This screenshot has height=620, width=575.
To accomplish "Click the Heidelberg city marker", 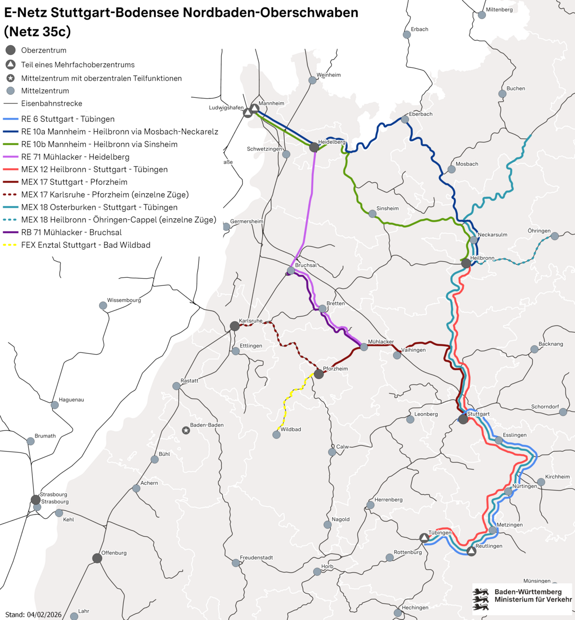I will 314,147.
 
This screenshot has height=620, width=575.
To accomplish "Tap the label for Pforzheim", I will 335,369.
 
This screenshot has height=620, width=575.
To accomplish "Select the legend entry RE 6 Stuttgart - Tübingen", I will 68,119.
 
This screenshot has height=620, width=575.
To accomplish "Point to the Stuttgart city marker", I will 463,419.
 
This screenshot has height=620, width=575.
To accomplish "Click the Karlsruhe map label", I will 250,321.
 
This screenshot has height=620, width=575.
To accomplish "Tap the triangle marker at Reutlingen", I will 472,551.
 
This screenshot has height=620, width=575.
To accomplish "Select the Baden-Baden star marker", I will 186,430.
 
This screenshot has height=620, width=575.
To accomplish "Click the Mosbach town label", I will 467,164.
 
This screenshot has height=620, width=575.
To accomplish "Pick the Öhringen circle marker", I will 555,236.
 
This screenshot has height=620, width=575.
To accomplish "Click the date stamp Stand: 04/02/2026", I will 34,615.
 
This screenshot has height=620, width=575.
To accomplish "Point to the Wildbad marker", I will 276,435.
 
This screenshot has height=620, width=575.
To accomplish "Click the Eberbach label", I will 421,114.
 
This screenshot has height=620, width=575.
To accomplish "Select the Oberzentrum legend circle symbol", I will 11,50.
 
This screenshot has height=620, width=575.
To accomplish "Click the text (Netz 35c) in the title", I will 38,32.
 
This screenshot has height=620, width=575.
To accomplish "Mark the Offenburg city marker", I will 97,558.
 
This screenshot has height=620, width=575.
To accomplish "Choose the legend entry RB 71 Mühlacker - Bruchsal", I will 71,232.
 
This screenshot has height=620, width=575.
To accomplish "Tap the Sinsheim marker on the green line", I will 372,214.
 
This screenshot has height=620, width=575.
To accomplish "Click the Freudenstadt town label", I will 256,557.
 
